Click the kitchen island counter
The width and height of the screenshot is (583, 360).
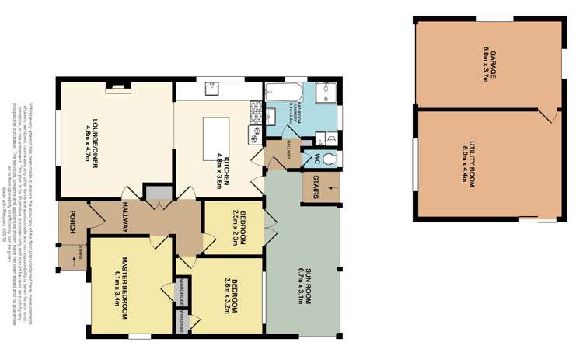coord(213,134)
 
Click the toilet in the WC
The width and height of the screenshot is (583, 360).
coord(332,158)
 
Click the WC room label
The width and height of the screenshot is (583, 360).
coord(317,157)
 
